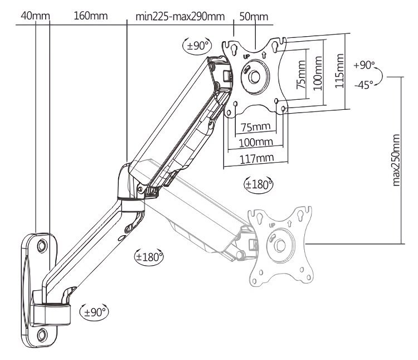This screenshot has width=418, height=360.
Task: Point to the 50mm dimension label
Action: (x=254, y=15)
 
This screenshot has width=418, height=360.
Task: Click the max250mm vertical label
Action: (x=396, y=159)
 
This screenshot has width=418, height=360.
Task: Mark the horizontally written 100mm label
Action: (x=256, y=143)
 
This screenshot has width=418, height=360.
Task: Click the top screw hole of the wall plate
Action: (x=41, y=245)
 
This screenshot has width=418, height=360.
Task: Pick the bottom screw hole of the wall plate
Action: (x=42, y=335)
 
